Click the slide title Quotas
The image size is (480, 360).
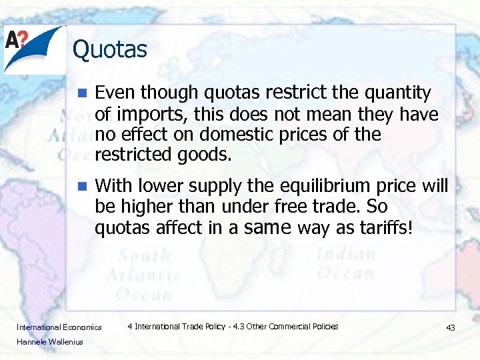(109, 49)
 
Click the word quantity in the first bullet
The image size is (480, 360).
(398, 93)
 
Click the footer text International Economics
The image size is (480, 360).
(59, 327)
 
